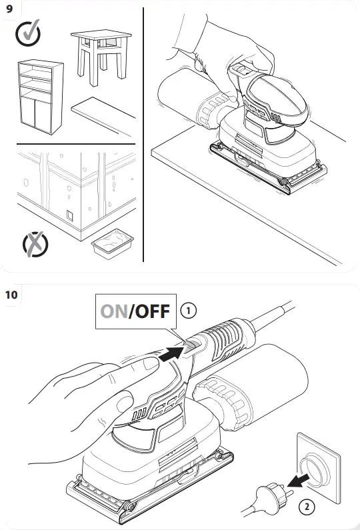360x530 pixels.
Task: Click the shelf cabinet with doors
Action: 37,95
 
